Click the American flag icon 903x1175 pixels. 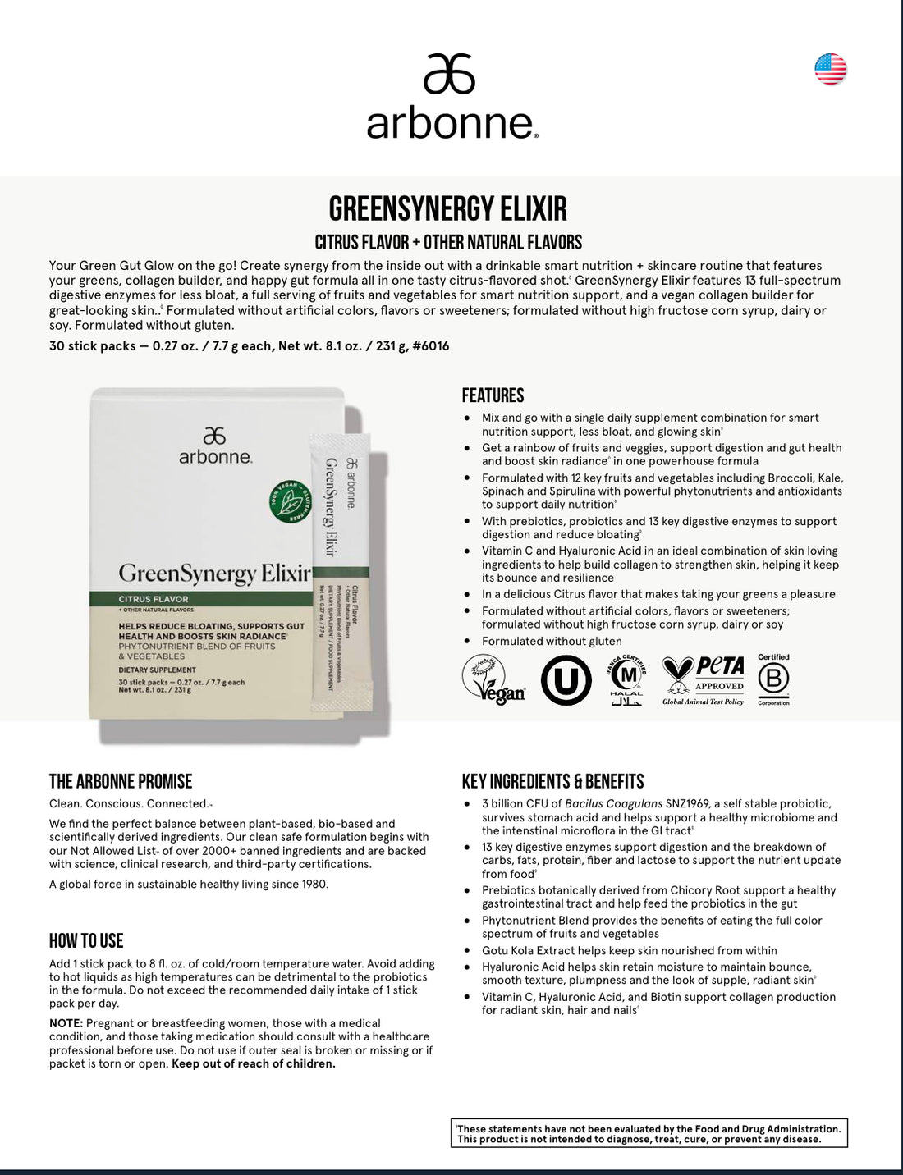coord(830,69)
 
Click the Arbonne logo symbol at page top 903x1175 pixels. coord(449,74)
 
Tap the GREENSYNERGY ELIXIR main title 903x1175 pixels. coord(447,208)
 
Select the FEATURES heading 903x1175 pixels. coord(493,395)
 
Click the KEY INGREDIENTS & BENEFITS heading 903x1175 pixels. coord(552,781)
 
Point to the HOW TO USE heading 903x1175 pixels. coord(86,940)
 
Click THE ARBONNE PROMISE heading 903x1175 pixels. coord(121,781)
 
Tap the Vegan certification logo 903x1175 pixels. coord(493,680)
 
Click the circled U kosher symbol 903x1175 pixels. coord(566,680)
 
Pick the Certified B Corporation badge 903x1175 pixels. coord(772,680)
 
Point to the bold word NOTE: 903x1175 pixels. coord(66,1023)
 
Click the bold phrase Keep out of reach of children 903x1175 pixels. coord(253,1063)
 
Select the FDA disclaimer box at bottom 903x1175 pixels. coord(649,1133)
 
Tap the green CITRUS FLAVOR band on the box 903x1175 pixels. coord(197,599)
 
